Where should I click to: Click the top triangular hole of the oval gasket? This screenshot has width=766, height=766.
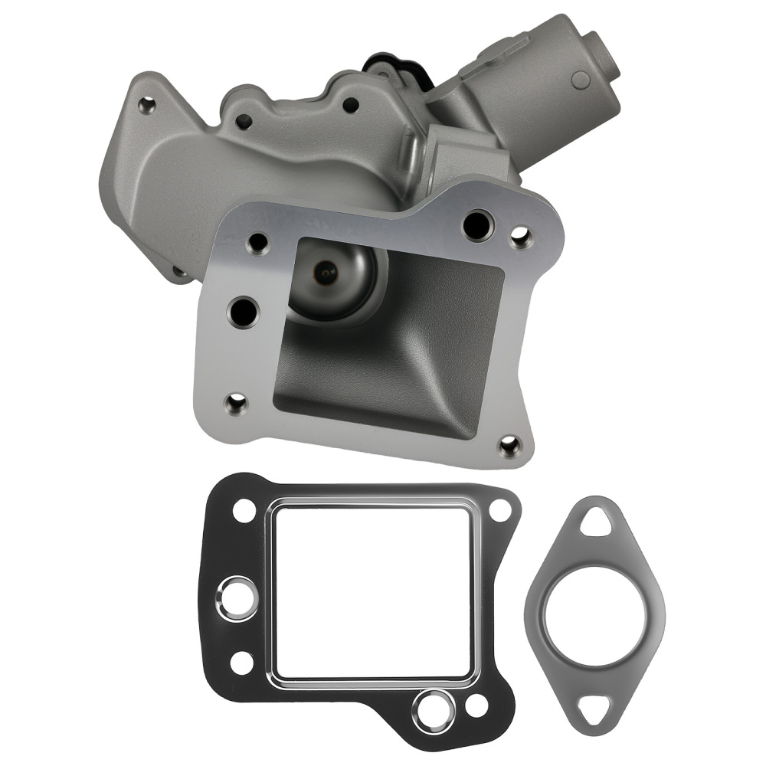(594, 525)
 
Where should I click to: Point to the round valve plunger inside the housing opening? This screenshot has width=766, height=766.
(330, 272)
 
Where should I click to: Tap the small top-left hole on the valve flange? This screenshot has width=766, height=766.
(256, 244)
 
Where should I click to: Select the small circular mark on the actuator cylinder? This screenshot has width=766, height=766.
(581, 77)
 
